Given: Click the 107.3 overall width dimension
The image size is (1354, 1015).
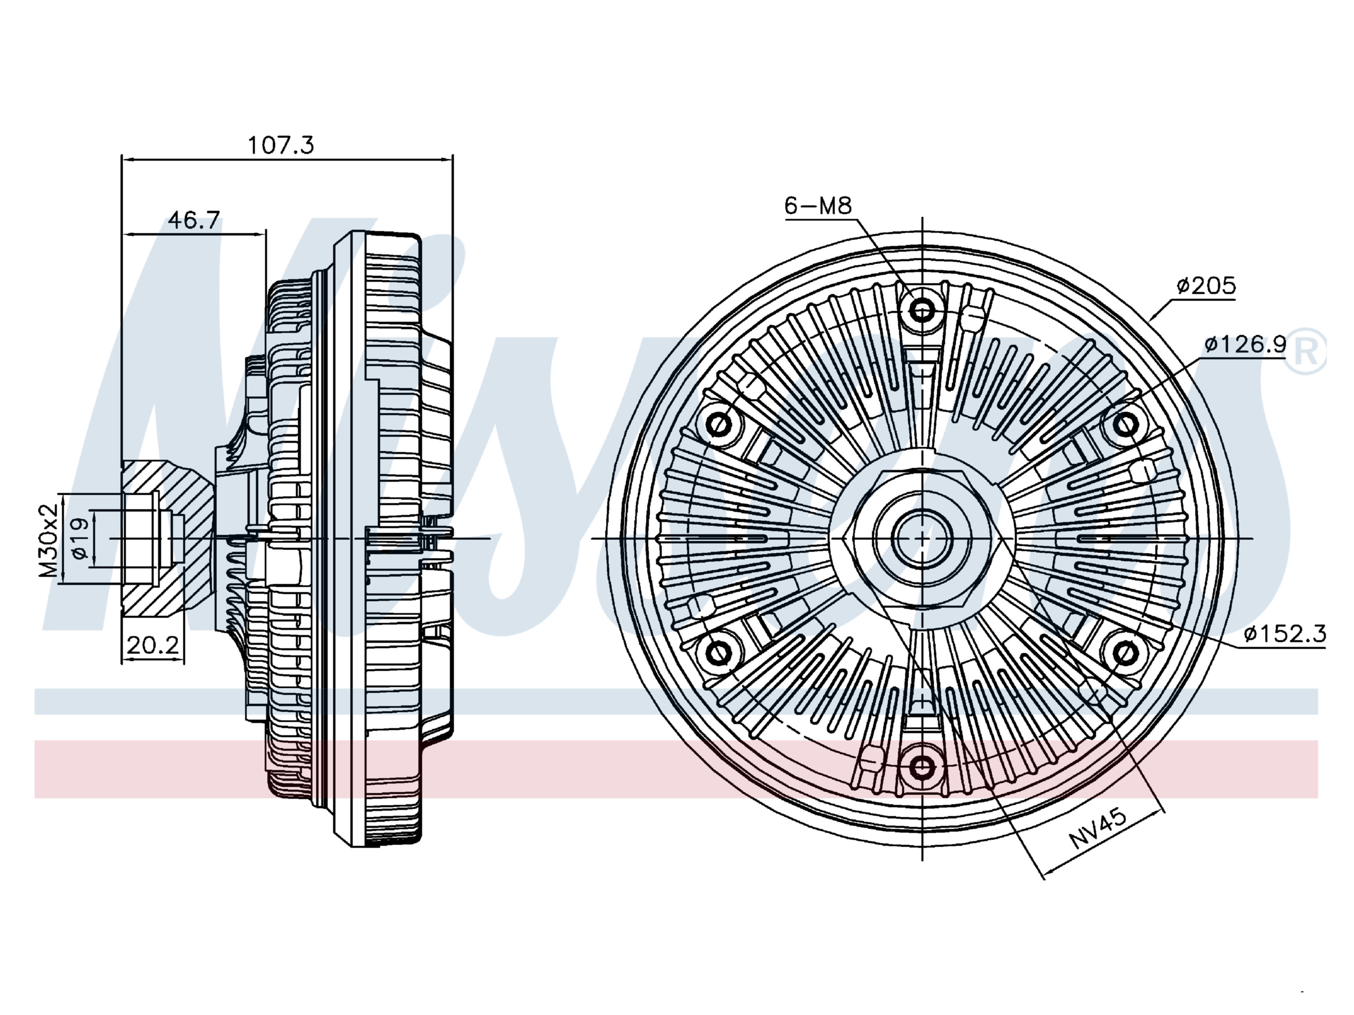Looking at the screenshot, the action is [x=280, y=145].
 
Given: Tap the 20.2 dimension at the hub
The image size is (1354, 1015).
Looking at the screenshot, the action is [x=152, y=645].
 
